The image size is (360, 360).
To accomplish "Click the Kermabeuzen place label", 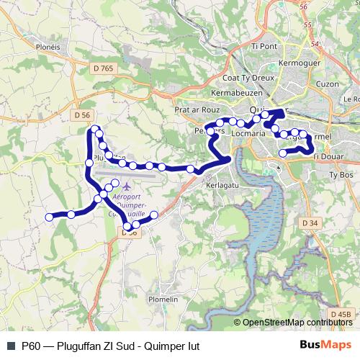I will [x=235, y=94].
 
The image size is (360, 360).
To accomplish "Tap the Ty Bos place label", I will [x=339, y=174].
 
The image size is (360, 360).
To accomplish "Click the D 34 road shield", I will [x=310, y=223].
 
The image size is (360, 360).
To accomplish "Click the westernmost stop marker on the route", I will [x=50, y=217].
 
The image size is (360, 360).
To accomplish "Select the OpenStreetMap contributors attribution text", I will [x=297, y=323].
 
